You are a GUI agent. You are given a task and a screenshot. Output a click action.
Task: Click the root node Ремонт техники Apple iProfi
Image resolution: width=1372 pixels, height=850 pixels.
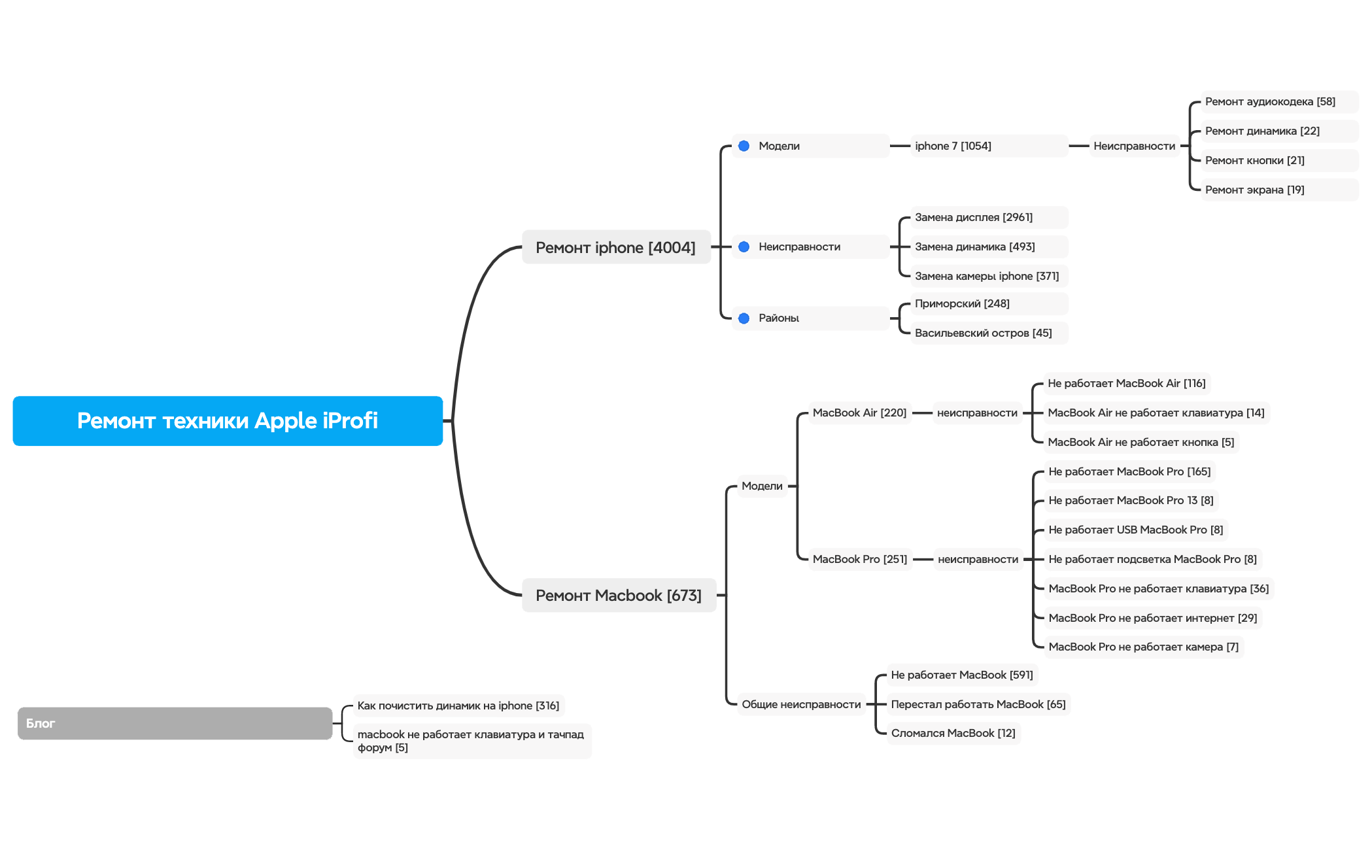click(228, 420)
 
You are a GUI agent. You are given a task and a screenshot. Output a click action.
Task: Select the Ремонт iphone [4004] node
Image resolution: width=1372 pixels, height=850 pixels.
click(616, 247)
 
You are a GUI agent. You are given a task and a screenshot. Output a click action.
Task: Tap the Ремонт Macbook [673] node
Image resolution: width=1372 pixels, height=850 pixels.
click(619, 595)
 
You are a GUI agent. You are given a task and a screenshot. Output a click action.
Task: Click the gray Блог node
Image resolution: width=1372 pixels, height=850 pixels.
click(175, 723)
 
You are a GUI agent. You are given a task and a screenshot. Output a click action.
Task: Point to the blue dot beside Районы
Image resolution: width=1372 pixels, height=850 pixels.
click(744, 318)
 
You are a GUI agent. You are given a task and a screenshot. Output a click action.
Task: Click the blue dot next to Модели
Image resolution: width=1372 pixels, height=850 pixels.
click(744, 146)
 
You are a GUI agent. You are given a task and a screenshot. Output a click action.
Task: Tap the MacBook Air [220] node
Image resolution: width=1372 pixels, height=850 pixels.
click(859, 413)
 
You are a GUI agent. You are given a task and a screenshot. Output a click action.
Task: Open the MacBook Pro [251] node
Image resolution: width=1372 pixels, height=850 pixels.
click(860, 559)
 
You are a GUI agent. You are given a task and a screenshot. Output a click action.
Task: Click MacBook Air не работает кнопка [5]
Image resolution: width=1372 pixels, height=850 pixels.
click(1141, 442)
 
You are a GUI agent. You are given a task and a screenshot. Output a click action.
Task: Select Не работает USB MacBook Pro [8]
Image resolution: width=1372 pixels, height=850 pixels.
click(1136, 530)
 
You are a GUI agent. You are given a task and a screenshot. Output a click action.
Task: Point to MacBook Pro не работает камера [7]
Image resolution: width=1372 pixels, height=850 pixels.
click(1144, 647)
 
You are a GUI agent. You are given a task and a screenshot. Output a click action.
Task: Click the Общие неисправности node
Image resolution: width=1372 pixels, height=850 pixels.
click(801, 704)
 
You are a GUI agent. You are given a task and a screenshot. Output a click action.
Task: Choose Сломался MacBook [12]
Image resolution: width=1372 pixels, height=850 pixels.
click(953, 733)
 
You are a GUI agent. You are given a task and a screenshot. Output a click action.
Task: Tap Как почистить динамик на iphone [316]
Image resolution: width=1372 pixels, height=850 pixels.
click(458, 705)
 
